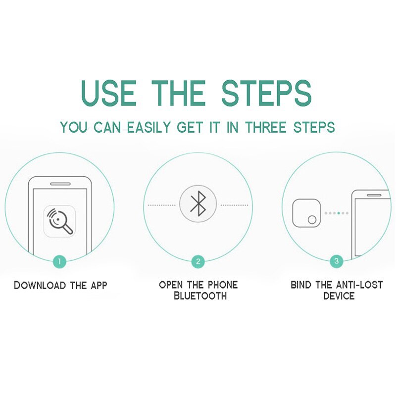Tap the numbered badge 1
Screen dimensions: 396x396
(x=59, y=261)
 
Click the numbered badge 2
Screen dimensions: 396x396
(x=198, y=261)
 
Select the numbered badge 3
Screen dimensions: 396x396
(x=337, y=261)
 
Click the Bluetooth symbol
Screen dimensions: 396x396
(x=198, y=204)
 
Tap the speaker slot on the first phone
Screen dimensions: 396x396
(x=60, y=183)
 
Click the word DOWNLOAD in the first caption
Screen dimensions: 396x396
(x=39, y=285)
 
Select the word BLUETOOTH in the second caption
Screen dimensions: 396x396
(x=198, y=296)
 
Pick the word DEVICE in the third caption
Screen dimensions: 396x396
(x=339, y=296)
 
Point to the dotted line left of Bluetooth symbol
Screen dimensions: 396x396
(x=162, y=205)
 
